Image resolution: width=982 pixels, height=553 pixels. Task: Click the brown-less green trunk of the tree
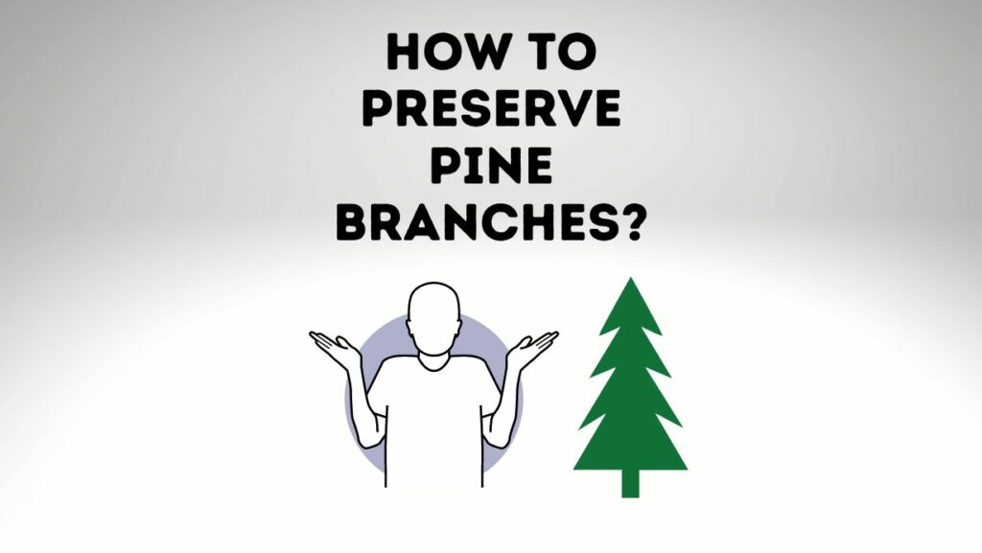coord(630,482)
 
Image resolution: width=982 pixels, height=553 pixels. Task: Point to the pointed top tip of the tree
coord(630,282)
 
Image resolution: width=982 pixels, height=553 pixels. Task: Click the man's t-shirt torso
coord(434,422)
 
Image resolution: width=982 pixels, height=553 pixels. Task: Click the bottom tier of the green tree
coord(630,446)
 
